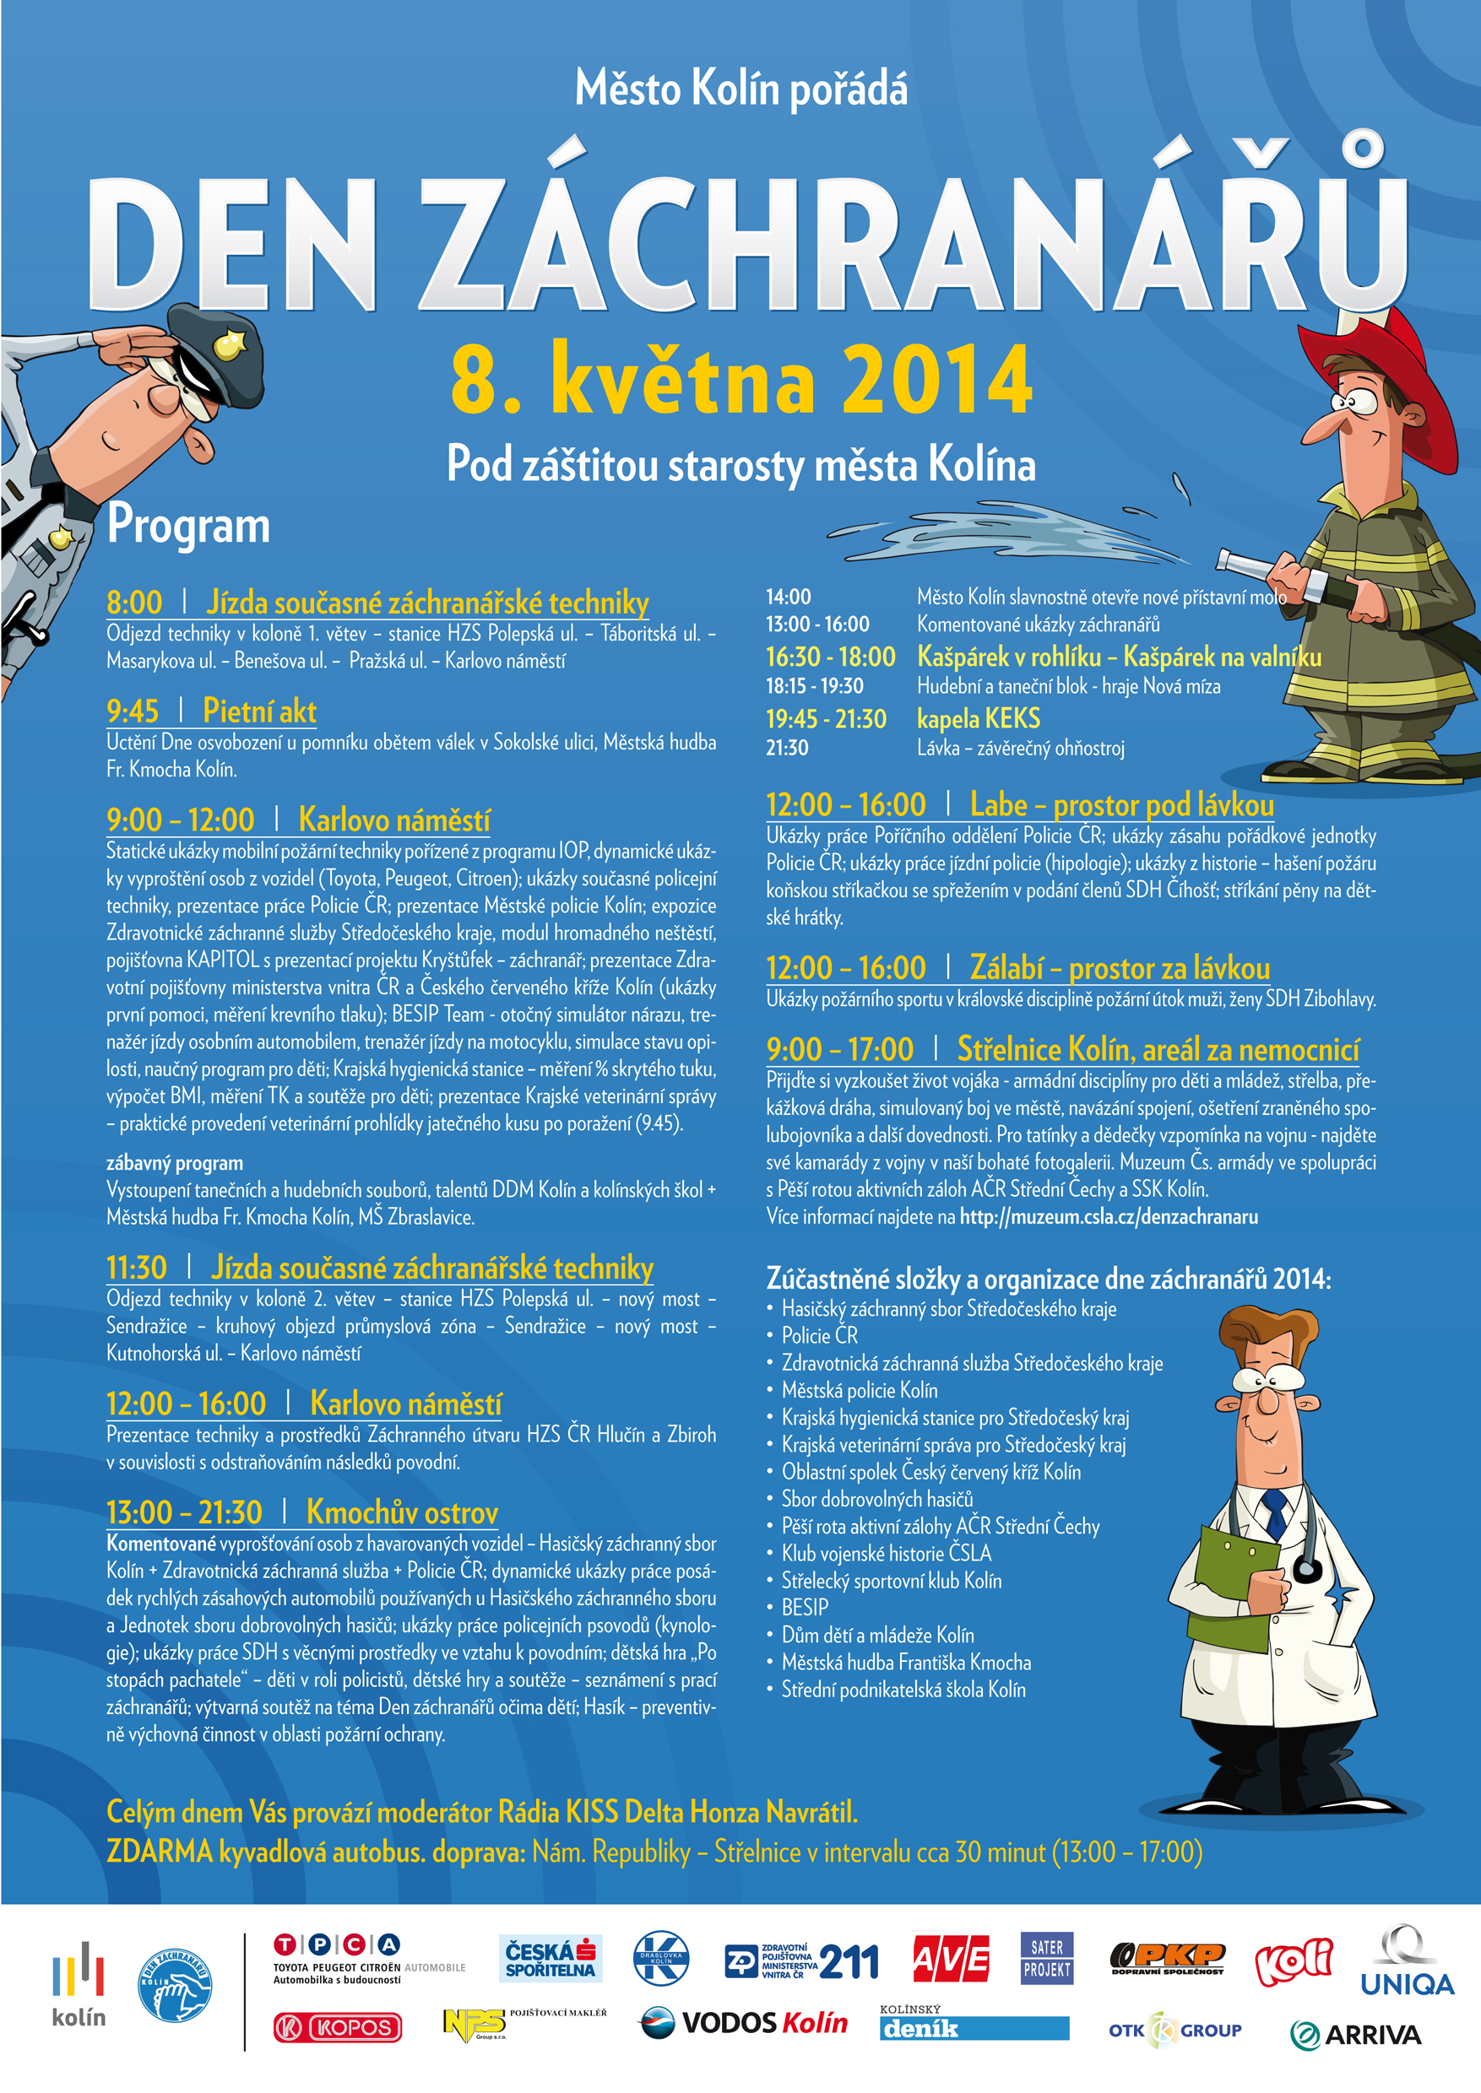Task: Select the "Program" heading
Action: click(187, 526)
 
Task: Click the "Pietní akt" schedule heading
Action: click(259, 711)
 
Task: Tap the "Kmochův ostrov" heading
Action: click(402, 1512)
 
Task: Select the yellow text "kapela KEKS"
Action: click(978, 719)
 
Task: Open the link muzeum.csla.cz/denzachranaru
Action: click(1108, 1217)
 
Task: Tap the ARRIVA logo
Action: click(1356, 2036)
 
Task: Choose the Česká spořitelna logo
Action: click(550, 1959)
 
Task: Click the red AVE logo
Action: click(950, 1959)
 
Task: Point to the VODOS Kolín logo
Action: click(744, 2025)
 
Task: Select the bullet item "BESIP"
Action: click(805, 1607)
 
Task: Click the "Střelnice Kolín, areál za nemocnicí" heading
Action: click(1158, 1050)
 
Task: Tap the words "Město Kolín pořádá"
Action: click(740, 89)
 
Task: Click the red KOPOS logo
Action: click(338, 2028)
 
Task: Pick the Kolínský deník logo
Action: click(973, 2025)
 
